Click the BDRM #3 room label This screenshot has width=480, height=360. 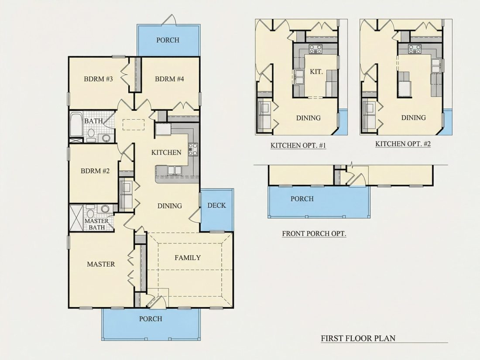[98, 79]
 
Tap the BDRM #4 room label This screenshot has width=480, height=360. [169, 79]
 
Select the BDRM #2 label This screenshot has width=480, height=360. [95, 171]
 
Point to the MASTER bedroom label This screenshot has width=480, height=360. [101, 264]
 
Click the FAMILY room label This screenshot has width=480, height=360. [188, 258]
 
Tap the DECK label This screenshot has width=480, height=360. [216, 206]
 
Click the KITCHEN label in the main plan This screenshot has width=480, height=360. [166, 152]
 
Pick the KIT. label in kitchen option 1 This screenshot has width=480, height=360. [316, 72]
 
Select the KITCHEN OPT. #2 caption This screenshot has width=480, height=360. [403, 144]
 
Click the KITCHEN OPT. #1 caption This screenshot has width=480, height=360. [298, 145]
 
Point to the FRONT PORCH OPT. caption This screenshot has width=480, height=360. [314, 234]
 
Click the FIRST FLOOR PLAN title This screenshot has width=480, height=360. [358, 338]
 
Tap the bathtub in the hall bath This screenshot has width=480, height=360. [76, 125]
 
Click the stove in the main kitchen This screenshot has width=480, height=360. [193, 149]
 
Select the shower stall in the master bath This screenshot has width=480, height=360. [76, 218]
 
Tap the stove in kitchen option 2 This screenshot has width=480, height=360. [415, 49]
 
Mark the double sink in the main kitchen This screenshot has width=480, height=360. [174, 170]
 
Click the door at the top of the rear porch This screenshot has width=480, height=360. [169, 20]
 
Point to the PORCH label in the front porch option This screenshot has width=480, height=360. [302, 199]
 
